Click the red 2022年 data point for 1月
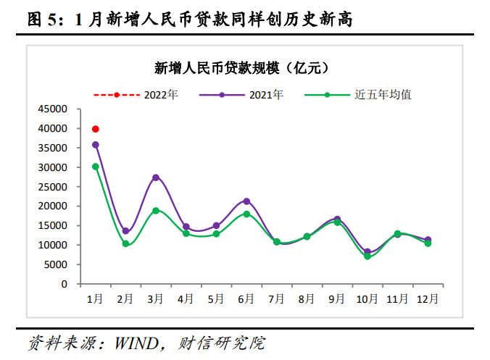pos(95,129)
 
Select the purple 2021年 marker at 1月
pos(95,145)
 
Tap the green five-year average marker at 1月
pos(95,167)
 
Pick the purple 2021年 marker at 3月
pos(156,177)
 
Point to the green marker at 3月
pos(156,211)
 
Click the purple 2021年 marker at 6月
pos(246,201)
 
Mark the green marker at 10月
pos(367,256)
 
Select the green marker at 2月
pos(125,243)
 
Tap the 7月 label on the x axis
pos(276,297)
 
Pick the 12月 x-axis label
pos(428,297)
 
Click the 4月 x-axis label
pos(186,297)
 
